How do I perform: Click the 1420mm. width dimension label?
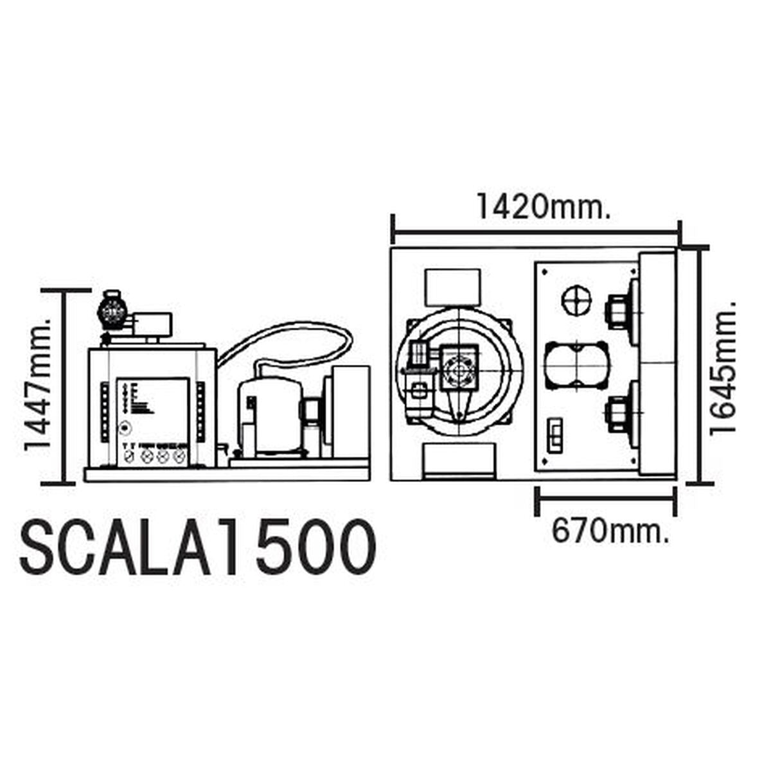click(541, 206)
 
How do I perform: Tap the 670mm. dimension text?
click(609, 531)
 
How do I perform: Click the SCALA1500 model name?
click(198, 547)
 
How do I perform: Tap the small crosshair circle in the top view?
click(575, 300)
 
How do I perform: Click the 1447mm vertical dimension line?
click(64, 385)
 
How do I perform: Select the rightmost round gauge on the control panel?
click(178, 456)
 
